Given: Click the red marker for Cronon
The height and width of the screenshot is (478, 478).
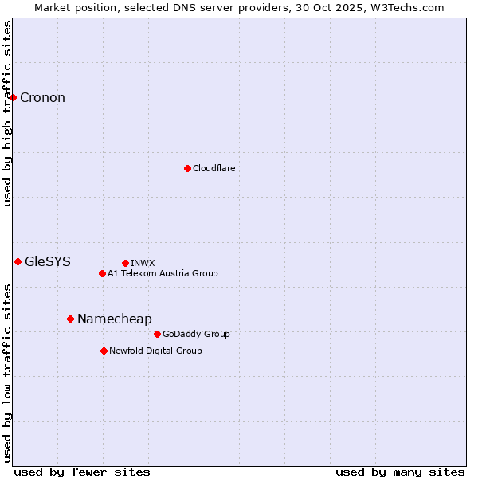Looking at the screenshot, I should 14,98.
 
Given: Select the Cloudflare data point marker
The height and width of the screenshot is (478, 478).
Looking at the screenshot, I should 187,168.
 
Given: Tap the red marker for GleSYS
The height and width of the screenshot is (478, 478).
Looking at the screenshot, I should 18,261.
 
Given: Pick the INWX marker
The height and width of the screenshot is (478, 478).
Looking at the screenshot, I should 125,263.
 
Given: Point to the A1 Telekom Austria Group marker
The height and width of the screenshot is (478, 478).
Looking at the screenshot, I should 102,273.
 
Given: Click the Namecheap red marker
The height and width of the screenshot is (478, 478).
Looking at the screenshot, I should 70,319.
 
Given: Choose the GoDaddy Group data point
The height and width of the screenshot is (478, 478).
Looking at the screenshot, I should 157,334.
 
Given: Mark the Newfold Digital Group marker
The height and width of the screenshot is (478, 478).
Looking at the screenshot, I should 104,351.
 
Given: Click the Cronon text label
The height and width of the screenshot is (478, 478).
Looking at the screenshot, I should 42,98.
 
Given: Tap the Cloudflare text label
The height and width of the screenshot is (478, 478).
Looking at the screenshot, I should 214,168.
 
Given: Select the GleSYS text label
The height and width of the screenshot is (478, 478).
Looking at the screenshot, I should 48,261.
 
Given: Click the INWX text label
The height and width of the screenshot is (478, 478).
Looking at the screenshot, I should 143,263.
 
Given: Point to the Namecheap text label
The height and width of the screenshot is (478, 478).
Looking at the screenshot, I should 114,319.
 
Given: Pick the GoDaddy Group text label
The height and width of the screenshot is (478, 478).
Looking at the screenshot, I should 196,334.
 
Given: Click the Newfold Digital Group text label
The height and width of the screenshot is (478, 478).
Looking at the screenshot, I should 155,351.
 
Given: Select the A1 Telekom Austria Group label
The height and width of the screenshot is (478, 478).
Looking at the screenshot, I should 163,273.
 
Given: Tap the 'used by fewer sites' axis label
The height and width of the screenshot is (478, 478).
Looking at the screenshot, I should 82,472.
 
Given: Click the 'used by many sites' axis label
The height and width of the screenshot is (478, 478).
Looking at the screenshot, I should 400,472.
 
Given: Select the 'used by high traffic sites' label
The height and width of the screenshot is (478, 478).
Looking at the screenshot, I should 8,113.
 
